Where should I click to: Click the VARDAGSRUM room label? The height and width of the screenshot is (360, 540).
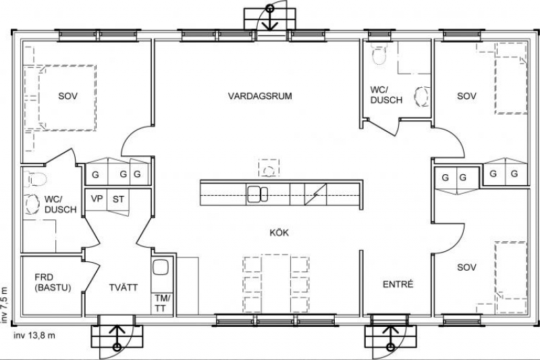coord(260,96)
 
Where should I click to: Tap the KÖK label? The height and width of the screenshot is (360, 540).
coord(279,232)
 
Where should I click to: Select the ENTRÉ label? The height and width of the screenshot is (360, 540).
coord(398,284)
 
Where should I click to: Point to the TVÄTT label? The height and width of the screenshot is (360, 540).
coord(124,287)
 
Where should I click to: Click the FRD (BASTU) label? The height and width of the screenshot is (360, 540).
coord(53,282)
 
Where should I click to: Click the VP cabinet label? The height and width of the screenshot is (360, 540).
coord(97,199)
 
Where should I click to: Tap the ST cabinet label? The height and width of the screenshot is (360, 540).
coord(118,199)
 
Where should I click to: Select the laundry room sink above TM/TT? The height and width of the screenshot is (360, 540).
coord(161,267)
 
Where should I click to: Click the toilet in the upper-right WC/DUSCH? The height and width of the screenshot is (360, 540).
coord(379,54)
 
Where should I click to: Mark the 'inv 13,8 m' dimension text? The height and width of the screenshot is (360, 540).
coord(34,335)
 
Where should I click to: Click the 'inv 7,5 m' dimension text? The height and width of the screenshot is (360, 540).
coord(4,304)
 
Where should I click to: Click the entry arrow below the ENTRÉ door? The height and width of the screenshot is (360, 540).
coord(390,338)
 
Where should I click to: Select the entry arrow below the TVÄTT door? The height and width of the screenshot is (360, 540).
coord(117,338)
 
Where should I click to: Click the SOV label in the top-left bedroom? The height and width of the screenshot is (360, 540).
coord(68,96)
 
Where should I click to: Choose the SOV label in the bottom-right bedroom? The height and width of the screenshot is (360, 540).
coord(466,267)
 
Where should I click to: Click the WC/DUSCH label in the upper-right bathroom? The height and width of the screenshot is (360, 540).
coord(386,95)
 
